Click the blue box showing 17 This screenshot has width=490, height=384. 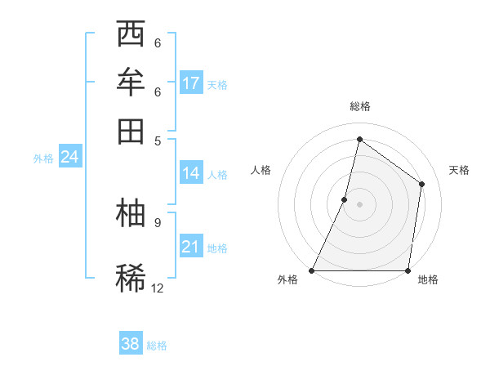click(191, 83)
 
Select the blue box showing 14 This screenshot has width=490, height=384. click(191, 173)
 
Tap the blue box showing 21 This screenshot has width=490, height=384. click(191, 247)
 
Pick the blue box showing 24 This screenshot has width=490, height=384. click(69, 157)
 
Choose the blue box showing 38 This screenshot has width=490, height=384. click(131, 344)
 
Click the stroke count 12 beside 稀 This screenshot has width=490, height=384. click(157, 288)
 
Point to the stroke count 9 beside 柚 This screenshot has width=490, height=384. click(157, 221)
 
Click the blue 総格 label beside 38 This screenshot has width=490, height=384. click(157, 346)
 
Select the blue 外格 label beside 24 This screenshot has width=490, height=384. click(43, 159)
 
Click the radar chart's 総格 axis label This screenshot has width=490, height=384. click(359, 107)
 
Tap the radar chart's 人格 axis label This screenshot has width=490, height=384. click(261, 170)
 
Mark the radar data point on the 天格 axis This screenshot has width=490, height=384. click(422, 184)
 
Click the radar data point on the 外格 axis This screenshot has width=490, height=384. click(312, 270)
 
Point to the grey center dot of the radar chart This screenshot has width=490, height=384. click(359, 204)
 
